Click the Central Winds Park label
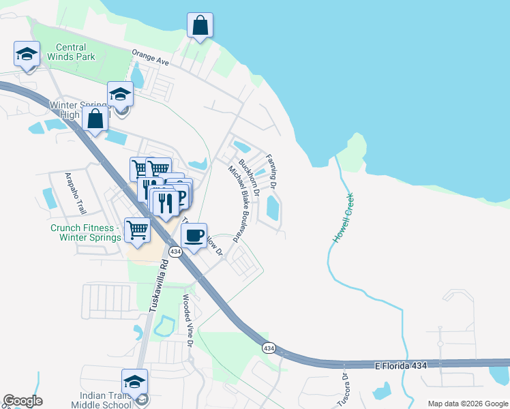click(x=72, y=52)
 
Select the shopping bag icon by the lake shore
click(x=200, y=26)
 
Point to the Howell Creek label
click(x=344, y=218)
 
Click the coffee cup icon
click(x=194, y=236)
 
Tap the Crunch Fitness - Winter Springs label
click(x=85, y=233)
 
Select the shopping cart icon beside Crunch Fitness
click(x=138, y=232)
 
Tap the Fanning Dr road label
click(x=271, y=171)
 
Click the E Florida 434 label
click(x=401, y=366)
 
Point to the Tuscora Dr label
click(x=343, y=390)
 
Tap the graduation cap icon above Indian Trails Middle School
click(x=134, y=382)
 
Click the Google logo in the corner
click(x=22, y=401)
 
